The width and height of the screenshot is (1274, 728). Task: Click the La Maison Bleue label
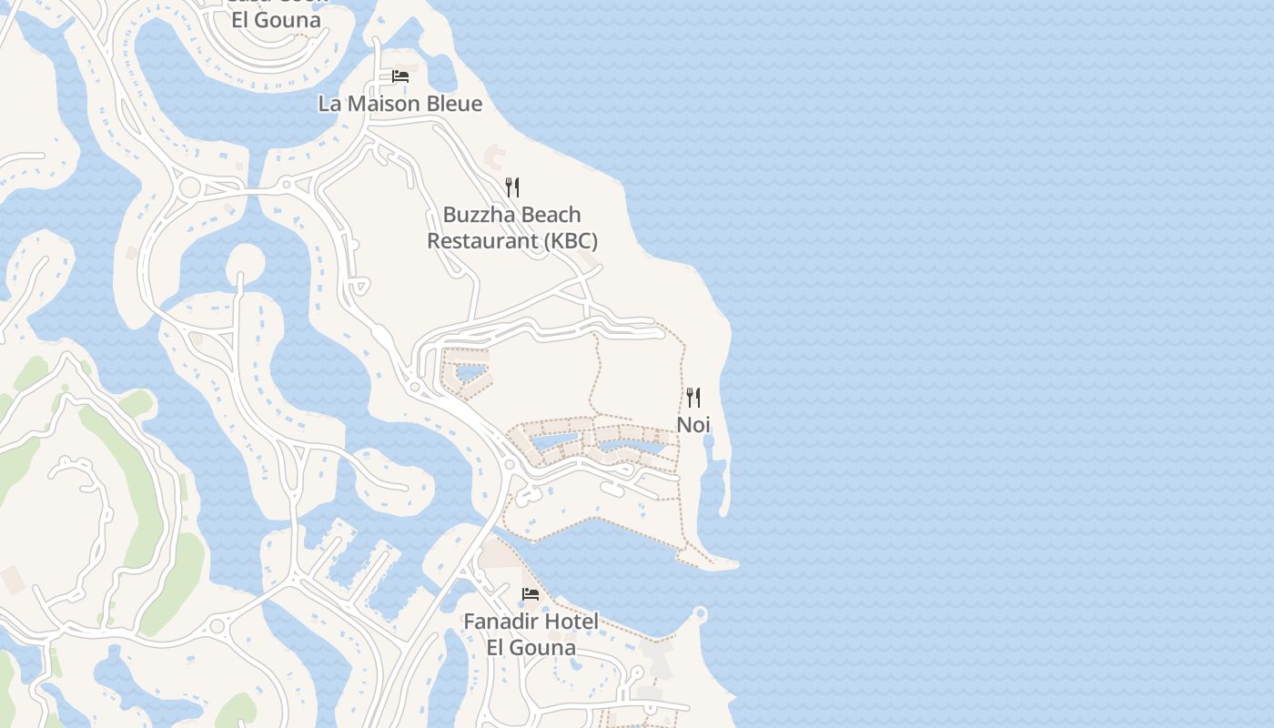click(x=399, y=104)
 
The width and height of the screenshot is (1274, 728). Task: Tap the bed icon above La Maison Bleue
click(x=399, y=76)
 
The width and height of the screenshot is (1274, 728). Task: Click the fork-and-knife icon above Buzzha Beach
click(x=512, y=187)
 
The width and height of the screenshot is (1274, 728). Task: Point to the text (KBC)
click(x=571, y=241)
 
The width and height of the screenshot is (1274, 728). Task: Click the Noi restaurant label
click(x=693, y=425)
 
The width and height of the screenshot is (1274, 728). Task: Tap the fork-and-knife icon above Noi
click(x=693, y=398)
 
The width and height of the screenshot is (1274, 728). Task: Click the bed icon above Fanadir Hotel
click(x=531, y=595)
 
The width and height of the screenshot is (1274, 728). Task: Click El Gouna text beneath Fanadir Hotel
click(x=531, y=648)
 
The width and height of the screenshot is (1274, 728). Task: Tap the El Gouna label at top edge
click(x=276, y=20)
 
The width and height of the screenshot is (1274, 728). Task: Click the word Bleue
click(x=449, y=104)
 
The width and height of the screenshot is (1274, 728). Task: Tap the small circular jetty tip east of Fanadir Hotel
click(x=700, y=612)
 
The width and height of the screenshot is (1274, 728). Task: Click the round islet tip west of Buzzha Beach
click(x=244, y=260)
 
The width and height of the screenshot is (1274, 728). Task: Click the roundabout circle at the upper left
click(x=190, y=187)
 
